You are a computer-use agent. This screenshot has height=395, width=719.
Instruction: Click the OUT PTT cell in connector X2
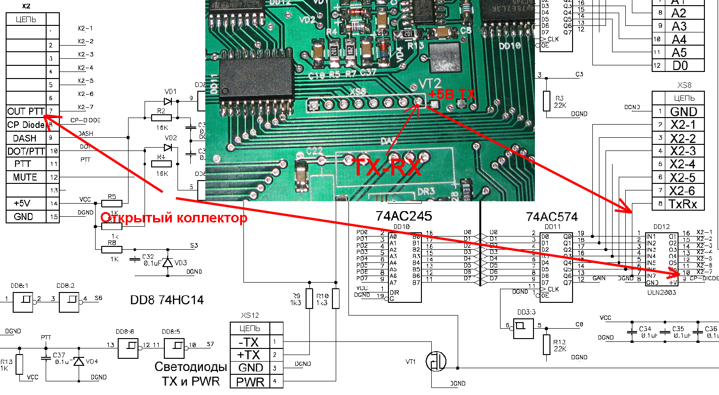tap(26, 111)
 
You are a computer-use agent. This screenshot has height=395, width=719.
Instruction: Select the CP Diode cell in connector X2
tap(26, 125)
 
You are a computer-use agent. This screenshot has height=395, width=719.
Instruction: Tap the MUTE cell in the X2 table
tap(25, 177)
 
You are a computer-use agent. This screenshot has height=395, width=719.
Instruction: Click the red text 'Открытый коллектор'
tap(174, 218)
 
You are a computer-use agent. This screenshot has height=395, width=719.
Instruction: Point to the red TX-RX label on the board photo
tap(387, 167)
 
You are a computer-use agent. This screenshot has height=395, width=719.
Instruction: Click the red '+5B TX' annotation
tap(452, 95)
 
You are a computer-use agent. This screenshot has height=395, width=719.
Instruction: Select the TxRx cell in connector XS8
tap(683, 204)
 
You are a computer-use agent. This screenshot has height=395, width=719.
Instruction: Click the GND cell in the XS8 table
tap(683, 112)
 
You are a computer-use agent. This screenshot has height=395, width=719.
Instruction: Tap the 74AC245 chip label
tap(404, 216)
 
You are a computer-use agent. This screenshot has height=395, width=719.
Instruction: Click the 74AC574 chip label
tap(551, 217)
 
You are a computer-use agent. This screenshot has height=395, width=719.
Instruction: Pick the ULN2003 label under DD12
tap(661, 292)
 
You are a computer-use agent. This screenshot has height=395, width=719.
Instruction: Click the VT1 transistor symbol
tap(436, 362)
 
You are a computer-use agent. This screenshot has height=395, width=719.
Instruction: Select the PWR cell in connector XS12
tap(250, 382)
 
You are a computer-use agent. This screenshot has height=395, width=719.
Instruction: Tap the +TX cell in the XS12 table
tap(249, 355)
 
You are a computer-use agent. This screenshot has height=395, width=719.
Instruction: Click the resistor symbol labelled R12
tap(546, 344)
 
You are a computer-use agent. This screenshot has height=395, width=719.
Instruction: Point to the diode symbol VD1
tap(168, 101)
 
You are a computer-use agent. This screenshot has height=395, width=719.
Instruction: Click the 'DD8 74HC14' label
tap(167, 300)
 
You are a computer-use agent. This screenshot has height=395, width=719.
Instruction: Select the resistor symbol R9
tap(309, 299)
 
